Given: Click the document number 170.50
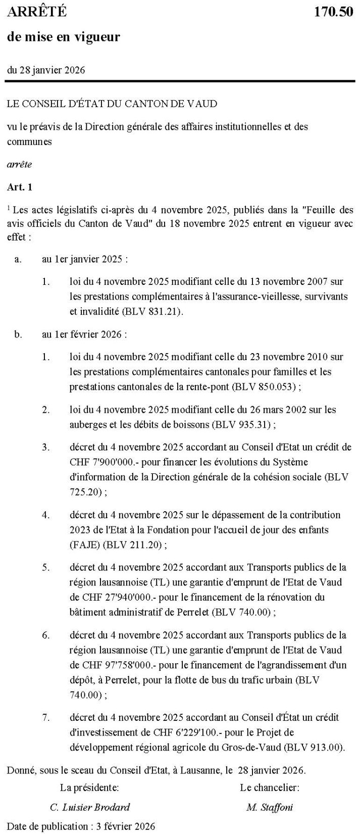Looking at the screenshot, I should [x=334, y=12].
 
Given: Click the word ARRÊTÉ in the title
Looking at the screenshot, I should [x=37, y=12].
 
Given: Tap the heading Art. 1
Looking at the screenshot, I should [x=19, y=187].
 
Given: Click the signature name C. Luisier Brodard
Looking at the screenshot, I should [x=89, y=807].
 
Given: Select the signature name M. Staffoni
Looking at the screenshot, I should [x=269, y=807].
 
